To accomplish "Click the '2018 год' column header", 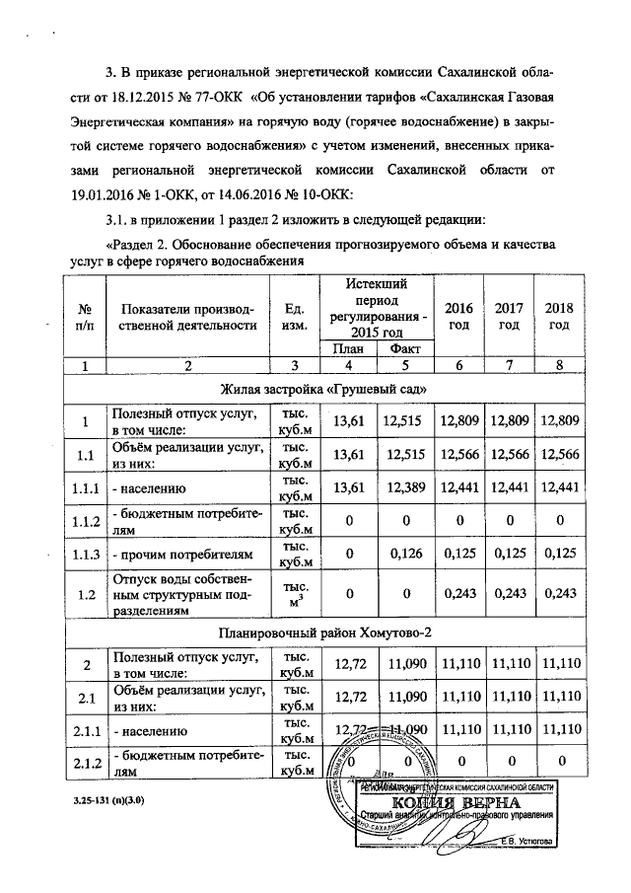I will (x=558, y=317).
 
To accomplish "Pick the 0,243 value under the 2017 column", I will (x=508, y=596).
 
